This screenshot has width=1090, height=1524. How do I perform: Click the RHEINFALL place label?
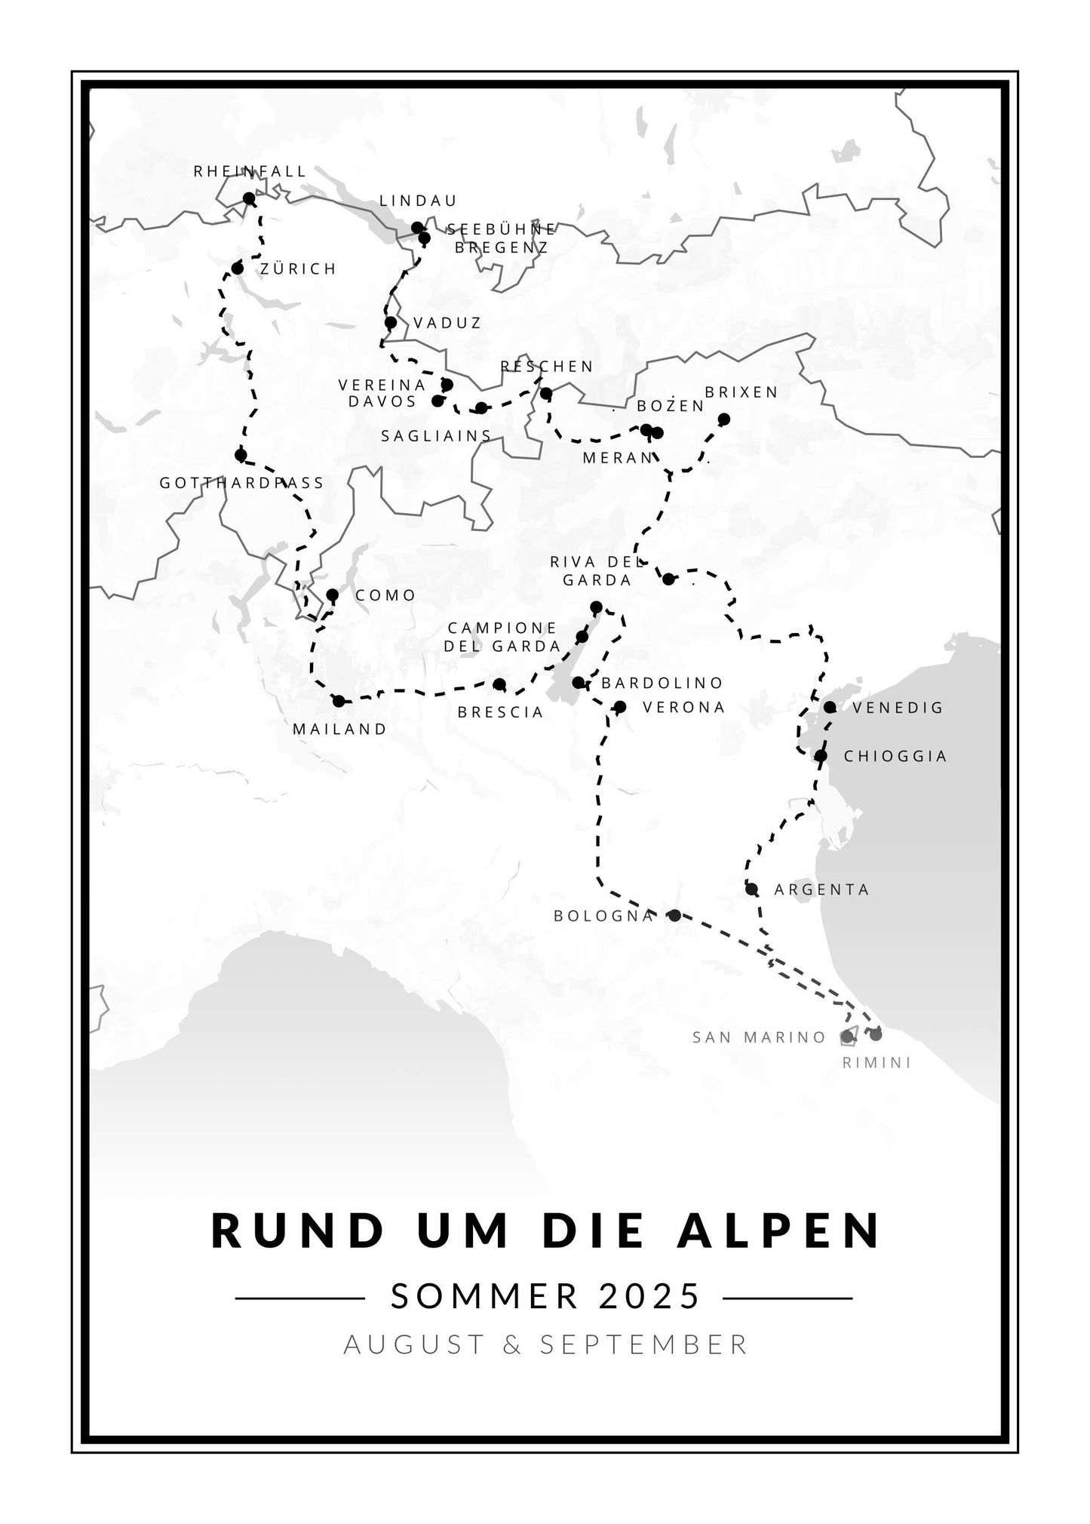[x=250, y=172]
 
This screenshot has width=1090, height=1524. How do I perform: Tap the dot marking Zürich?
[x=238, y=269]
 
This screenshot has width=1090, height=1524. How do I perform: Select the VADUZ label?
[x=447, y=324]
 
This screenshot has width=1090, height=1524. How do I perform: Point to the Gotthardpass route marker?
[x=241, y=455]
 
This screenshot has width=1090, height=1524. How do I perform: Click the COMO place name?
[x=385, y=596]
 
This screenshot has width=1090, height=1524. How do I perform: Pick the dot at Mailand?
[x=339, y=701]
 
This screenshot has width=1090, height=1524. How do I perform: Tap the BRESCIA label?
[x=500, y=712]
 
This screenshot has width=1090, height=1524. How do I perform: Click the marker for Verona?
[x=620, y=707]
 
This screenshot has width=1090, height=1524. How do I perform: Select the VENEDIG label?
[x=898, y=708]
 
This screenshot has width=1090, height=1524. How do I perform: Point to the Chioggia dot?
[x=821, y=755]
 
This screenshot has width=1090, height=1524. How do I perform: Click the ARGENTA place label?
[x=821, y=890]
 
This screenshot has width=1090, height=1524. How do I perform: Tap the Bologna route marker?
[x=674, y=915]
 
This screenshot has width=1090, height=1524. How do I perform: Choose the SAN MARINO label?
[x=760, y=1037]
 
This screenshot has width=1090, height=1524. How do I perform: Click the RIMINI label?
[x=876, y=1063]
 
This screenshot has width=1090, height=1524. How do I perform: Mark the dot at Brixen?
[x=724, y=419]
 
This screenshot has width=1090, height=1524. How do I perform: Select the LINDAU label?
[x=418, y=201]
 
